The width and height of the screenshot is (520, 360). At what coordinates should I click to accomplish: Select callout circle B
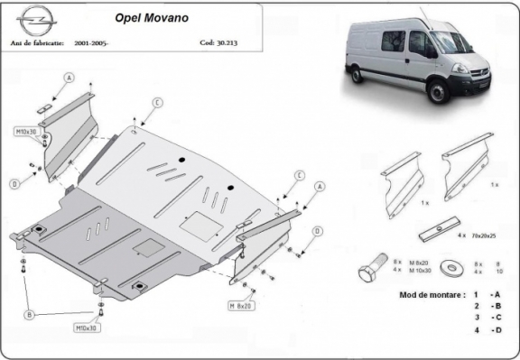tap(30, 314)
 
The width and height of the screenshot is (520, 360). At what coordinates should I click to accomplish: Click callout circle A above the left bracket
tap(67, 78)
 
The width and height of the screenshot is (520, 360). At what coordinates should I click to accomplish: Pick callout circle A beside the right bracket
tap(319, 186)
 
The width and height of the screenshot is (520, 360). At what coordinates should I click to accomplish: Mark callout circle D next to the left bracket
tap(14, 184)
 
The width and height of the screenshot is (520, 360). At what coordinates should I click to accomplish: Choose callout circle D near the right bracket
tap(316, 231)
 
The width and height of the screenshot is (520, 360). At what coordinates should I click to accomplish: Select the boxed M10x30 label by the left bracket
tap(24, 132)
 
